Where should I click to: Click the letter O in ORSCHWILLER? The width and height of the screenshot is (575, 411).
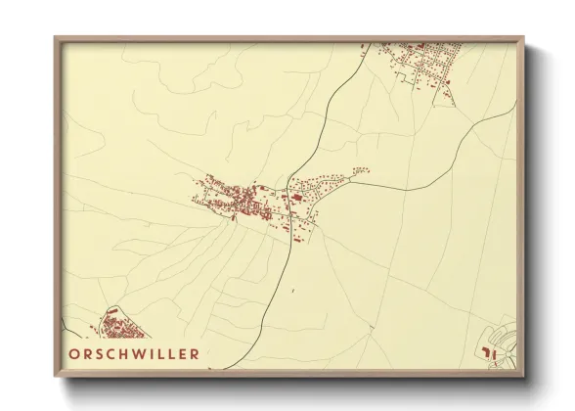pyautogui.click(x=75, y=353)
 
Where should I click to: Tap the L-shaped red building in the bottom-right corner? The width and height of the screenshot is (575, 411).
pyautogui.click(x=492, y=353)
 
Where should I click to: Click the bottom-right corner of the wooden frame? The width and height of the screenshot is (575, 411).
pyautogui.click(x=524, y=376)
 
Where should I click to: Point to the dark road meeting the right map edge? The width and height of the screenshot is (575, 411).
pyautogui.click(x=515, y=111)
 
